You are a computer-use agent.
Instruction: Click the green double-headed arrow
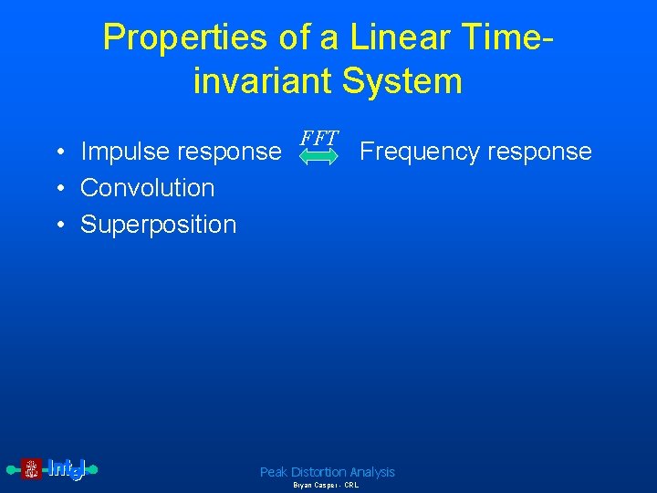pyautogui.click(x=319, y=158)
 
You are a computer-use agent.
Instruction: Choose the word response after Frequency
pyautogui.click(x=540, y=152)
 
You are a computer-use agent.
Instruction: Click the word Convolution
pyautogui.click(x=148, y=188)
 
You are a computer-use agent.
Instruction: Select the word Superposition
pyautogui.click(x=158, y=225)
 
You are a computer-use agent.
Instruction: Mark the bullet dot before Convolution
pyautogui.click(x=57, y=189)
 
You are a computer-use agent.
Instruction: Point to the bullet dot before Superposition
pyautogui.click(x=57, y=226)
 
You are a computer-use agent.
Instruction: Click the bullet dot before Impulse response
pyautogui.click(x=57, y=152)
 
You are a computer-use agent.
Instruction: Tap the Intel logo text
pyautogui.click(x=66, y=469)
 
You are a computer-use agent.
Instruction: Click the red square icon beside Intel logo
pyautogui.click(x=31, y=469)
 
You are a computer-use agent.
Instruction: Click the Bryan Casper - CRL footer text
pyautogui.click(x=326, y=486)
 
